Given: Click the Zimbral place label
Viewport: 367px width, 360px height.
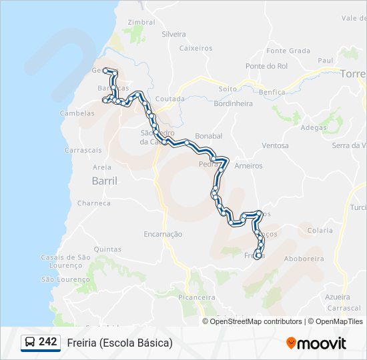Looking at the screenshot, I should [141, 22].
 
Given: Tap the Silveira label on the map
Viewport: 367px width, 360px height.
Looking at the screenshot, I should [173, 33].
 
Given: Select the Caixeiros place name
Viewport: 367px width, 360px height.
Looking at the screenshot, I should [196, 48].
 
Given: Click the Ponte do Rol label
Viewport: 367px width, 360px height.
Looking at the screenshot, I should [266, 66].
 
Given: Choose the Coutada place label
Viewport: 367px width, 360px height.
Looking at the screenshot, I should [169, 99].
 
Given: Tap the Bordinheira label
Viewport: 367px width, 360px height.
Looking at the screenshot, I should [233, 103].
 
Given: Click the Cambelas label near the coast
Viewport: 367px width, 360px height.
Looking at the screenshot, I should [77, 113].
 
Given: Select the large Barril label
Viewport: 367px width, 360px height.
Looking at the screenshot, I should [103, 181].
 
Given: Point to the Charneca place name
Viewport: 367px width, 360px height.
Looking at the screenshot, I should [93, 203].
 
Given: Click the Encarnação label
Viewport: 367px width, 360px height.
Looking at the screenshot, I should [163, 234].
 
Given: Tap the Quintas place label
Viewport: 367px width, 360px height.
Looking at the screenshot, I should [107, 249].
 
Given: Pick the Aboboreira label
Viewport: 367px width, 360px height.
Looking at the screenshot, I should [304, 259].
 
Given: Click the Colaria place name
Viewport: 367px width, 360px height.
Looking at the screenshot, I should [320, 231].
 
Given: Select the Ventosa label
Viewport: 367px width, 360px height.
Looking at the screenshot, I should [275, 145].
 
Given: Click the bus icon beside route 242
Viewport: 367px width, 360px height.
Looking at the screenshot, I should [30, 343].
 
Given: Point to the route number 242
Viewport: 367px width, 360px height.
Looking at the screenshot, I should [47, 342].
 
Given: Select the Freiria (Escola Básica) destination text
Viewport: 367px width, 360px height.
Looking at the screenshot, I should [119, 343].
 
